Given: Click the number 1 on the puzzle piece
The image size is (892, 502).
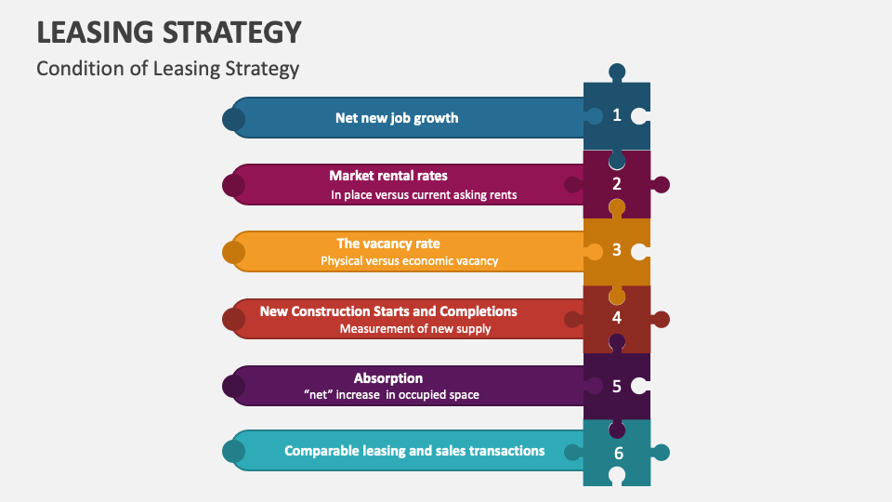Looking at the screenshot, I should coord(616,115).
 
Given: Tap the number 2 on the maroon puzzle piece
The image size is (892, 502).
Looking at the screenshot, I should coord(616,184).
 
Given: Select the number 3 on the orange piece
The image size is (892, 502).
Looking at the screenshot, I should coord(616,250).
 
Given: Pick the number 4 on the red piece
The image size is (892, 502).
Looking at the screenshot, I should coord(616,318).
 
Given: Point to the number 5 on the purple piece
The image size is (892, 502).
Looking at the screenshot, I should coord(616,385).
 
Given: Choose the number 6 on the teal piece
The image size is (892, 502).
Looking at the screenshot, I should coord(618,454).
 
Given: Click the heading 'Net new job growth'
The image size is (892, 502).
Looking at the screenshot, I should coord(397,118).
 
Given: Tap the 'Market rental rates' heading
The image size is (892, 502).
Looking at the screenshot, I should coord(388,175).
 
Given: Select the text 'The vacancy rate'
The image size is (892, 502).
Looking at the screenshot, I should coord(388,244).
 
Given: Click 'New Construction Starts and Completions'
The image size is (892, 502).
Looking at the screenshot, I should coord(388,310).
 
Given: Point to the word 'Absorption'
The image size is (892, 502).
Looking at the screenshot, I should coord(388,378).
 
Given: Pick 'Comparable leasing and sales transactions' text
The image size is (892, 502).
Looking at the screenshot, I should coord(414,451).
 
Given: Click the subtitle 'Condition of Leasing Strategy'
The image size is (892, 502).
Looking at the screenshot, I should coord(168,68).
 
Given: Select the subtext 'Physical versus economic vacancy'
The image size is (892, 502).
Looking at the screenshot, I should coord(410,261).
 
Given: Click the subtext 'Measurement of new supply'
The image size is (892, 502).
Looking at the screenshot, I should coord(415,328).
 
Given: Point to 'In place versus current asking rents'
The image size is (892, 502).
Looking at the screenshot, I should coord(424,195).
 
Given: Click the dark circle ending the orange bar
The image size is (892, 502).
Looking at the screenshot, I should coord(233,252).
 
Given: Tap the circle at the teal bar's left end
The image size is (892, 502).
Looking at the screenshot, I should coord(233,452).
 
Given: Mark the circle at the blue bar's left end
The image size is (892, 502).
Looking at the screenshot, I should coord(233,119).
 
